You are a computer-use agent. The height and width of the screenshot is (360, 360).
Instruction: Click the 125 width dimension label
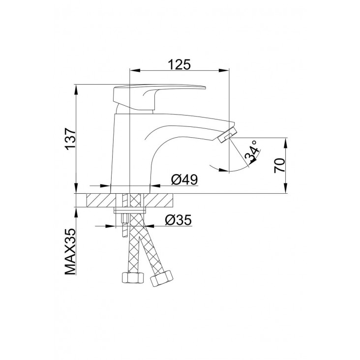tap(180, 64)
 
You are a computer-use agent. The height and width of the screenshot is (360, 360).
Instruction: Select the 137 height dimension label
tap(70, 139)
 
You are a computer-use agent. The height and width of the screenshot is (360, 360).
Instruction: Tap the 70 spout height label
tap(279, 166)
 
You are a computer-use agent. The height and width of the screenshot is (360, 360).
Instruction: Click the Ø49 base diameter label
tap(184, 180)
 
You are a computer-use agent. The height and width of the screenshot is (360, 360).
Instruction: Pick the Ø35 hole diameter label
tap(178, 220)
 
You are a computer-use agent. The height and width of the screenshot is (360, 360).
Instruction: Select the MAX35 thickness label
tap(70, 251)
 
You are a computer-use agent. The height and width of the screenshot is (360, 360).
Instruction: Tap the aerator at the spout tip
tap(227, 135)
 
